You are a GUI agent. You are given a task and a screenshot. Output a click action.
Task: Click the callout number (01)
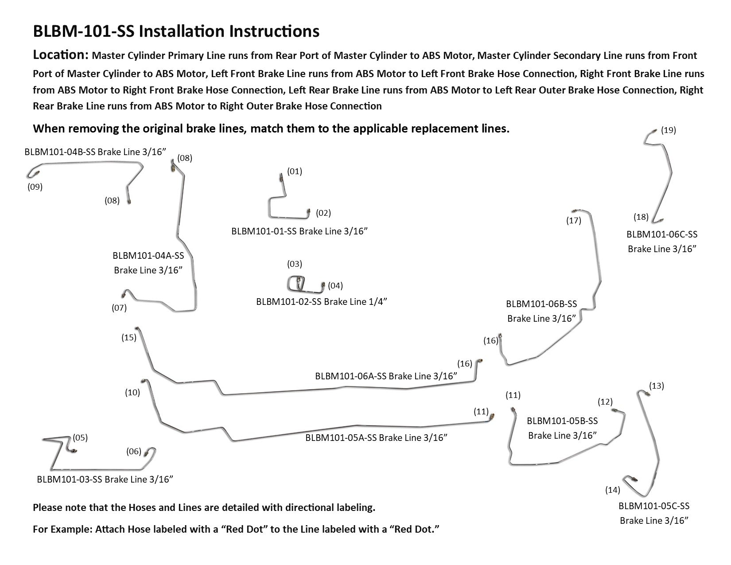click(x=294, y=171)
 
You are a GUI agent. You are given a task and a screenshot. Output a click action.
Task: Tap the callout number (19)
click(x=668, y=130)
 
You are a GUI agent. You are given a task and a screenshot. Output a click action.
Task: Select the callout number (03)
click(x=294, y=264)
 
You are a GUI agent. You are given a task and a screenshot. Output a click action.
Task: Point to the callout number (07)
click(x=119, y=308)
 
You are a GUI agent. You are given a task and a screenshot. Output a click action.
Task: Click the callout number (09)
click(x=35, y=187)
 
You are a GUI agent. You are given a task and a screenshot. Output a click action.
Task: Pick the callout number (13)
click(x=656, y=386)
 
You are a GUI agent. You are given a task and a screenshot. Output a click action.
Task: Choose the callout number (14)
click(x=613, y=490)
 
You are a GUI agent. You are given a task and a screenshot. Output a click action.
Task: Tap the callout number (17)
click(x=574, y=220)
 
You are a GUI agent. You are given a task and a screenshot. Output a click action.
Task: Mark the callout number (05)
click(x=80, y=438)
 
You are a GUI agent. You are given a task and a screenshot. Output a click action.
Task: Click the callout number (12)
click(x=605, y=402)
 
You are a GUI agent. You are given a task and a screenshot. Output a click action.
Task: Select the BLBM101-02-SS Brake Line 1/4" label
click(x=322, y=302)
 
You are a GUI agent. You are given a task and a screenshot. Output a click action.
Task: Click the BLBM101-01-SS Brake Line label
click(x=299, y=231)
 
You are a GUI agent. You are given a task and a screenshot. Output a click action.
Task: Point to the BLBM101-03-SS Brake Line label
click(x=105, y=479)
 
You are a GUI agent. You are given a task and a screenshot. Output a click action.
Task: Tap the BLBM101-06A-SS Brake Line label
click(x=386, y=376)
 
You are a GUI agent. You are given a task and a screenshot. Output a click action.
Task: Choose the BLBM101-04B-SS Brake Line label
click(x=95, y=152)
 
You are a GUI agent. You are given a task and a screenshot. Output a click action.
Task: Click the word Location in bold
click(x=61, y=55)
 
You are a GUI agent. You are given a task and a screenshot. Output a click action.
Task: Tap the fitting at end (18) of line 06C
click(x=660, y=220)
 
